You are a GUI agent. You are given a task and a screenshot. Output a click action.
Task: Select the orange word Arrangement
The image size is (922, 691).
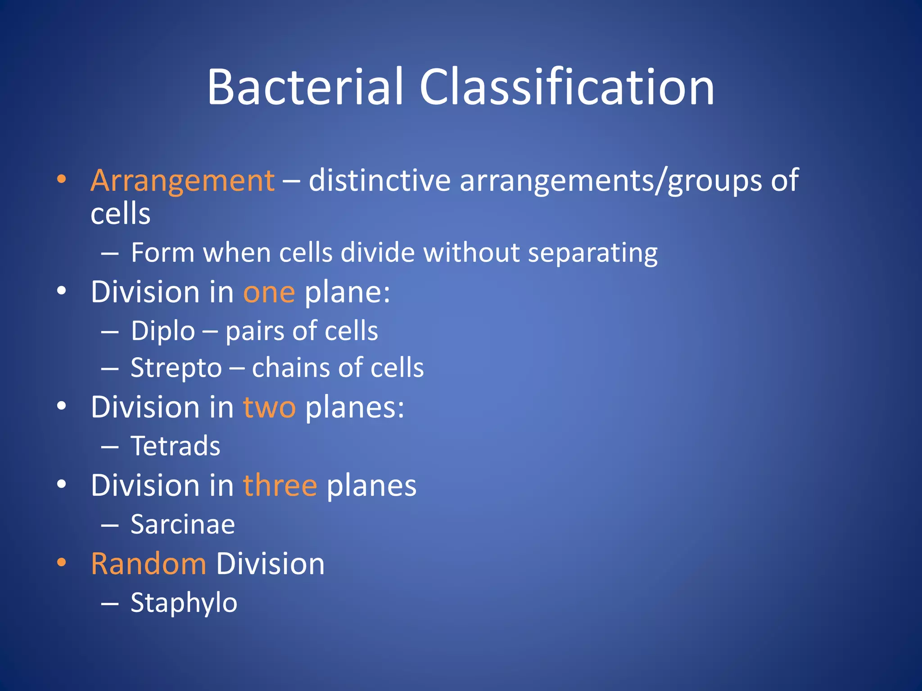[182, 180]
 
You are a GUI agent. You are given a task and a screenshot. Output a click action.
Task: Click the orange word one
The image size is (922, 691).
[269, 292]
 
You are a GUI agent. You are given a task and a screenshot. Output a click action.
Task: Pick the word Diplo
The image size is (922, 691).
[163, 332]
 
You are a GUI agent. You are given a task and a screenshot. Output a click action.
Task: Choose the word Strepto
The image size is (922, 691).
[176, 368]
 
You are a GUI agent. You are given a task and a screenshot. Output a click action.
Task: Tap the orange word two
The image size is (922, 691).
[269, 407]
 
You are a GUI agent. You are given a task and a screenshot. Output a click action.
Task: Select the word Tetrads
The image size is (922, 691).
[176, 446]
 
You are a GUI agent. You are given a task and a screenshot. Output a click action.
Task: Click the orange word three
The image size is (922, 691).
[280, 486]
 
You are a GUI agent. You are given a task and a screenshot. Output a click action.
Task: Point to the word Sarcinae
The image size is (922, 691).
[183, 525]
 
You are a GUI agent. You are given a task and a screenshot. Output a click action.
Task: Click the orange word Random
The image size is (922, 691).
[149, 564]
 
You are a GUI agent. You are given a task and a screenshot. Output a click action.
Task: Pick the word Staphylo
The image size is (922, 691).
[184, 603]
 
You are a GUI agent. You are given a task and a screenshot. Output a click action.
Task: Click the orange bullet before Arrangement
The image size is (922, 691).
[62, 180]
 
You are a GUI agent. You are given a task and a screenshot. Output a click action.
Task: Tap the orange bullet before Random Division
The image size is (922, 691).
[62, 563]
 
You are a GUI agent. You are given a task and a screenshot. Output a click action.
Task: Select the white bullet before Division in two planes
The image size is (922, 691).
[62, 406]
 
